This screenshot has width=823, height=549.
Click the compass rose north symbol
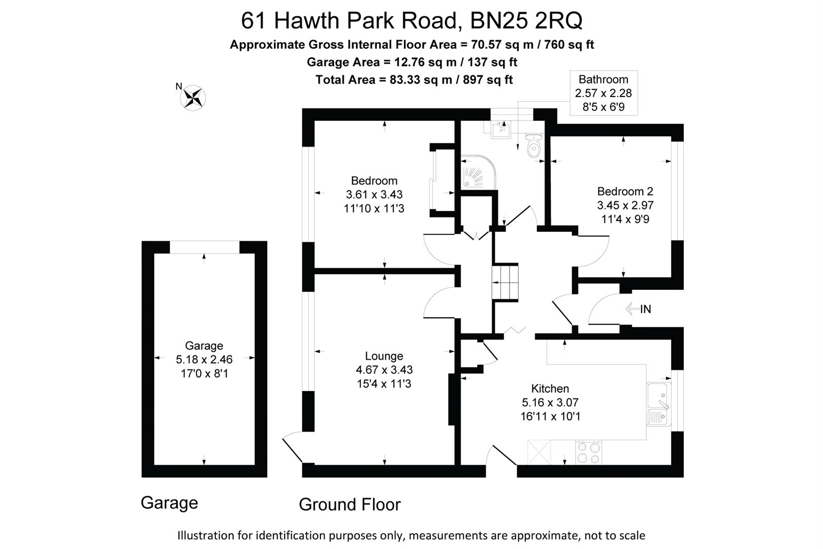click(193, 97)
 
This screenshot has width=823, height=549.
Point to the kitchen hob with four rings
click(588, 452)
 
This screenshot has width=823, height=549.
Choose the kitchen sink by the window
click(658, 404)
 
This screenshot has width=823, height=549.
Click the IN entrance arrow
click(638, 309)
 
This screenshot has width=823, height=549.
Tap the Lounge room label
click(384, 356)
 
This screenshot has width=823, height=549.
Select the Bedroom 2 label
click(625, 192)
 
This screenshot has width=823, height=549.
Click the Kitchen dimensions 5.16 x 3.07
click(550, 403)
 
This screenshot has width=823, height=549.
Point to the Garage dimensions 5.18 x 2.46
click(204, 359)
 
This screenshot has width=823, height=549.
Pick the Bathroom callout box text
click(603, 93)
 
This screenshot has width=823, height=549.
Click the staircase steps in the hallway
click(505, 283)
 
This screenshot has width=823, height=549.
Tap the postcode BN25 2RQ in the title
click(526, 21)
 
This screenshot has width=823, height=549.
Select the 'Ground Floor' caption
click(350, 504)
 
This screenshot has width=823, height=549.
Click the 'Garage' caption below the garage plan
click(169, 503)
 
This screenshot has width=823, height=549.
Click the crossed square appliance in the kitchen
click(539, 452)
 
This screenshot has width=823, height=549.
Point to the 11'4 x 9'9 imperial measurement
click(625, 219)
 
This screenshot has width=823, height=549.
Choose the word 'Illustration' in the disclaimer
click(205, 535)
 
